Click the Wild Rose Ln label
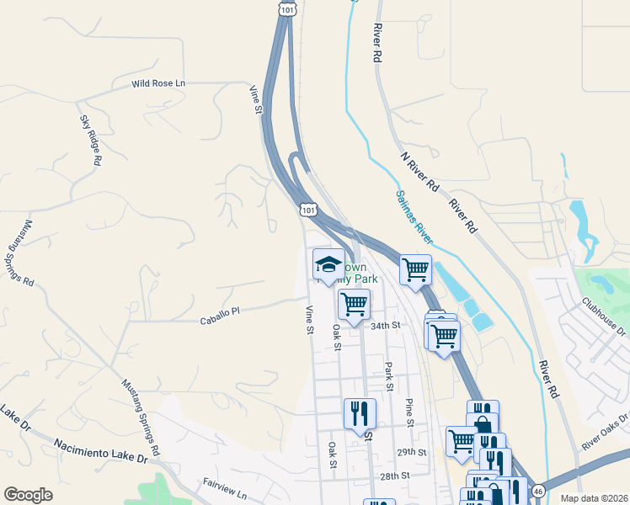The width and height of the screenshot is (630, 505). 157,84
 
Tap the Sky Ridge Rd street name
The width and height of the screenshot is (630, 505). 90,140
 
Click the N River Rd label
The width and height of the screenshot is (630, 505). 420,171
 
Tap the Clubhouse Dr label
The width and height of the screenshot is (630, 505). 604,316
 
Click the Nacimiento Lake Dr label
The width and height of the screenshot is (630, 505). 100,450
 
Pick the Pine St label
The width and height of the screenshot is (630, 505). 410,412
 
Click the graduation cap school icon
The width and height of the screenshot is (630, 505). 328,265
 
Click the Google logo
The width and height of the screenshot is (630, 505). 28,494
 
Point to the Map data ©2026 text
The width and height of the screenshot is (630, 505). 593,498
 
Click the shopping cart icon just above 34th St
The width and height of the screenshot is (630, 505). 354,302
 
